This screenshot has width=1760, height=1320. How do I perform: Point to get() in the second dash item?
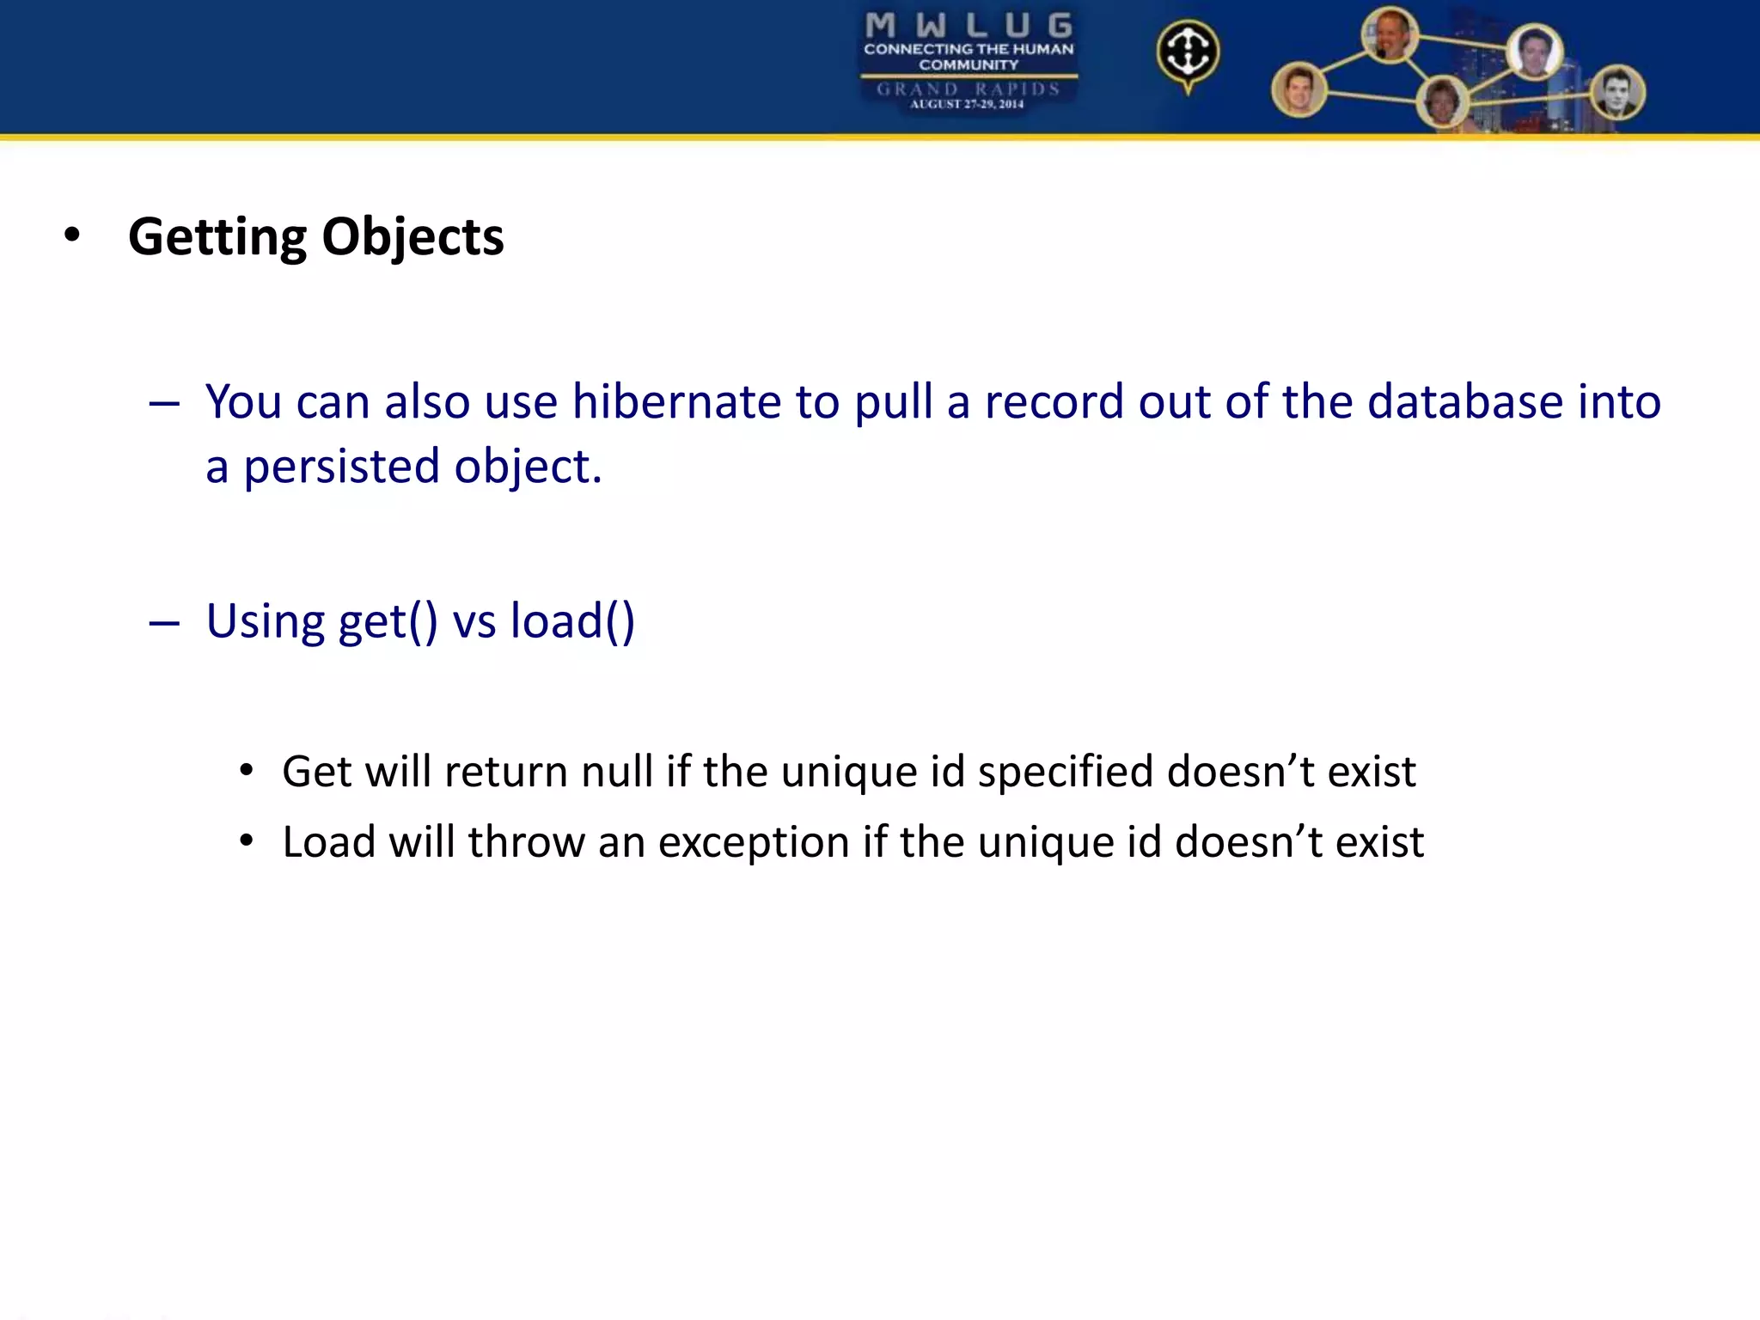pyautogui.click(x=388, y=621)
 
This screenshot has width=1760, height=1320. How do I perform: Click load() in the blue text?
pyautogui.click(x=572, y=621)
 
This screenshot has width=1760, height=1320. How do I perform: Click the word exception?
pyautogui.click(x=754, y=841)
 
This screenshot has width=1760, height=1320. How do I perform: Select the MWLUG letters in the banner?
pyautogui.click(x=969, y=26)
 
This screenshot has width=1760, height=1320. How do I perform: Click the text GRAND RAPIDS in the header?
pyautogui.click(x=969, y=89)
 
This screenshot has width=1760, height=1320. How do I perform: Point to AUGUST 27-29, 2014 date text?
pyautogui.click(x=967, y=105)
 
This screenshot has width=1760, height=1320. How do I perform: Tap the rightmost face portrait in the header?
pyautogui.click(x=1616, y=93)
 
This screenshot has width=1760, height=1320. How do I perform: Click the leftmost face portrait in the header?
pyautogui.click(x=1299, y=89)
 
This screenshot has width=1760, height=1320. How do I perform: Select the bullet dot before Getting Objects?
pyautogui.click(x=72, y=235)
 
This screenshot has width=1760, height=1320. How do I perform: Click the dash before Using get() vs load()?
pyautogui.click(x=163, y=623)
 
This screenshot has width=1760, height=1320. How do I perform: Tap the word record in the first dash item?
pyautogui.click(x=1054, y=401)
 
